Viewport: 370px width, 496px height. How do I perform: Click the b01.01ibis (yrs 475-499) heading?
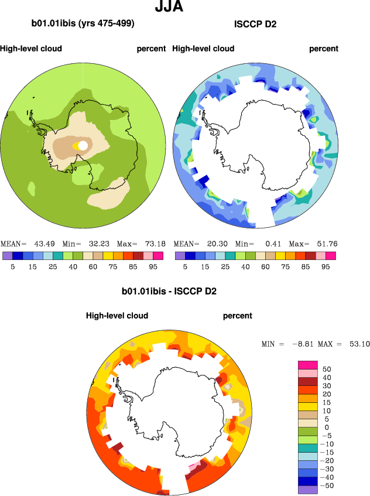83,24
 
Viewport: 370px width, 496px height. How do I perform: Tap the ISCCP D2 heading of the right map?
255,24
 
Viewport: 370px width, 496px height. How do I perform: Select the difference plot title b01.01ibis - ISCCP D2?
169,291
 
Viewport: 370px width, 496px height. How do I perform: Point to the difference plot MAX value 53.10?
357,344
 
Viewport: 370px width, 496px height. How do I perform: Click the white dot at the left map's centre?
83,145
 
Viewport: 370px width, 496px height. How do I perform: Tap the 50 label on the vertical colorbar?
326,370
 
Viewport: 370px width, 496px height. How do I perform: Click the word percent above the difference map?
238,316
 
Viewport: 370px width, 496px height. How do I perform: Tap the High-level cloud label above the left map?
31,49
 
